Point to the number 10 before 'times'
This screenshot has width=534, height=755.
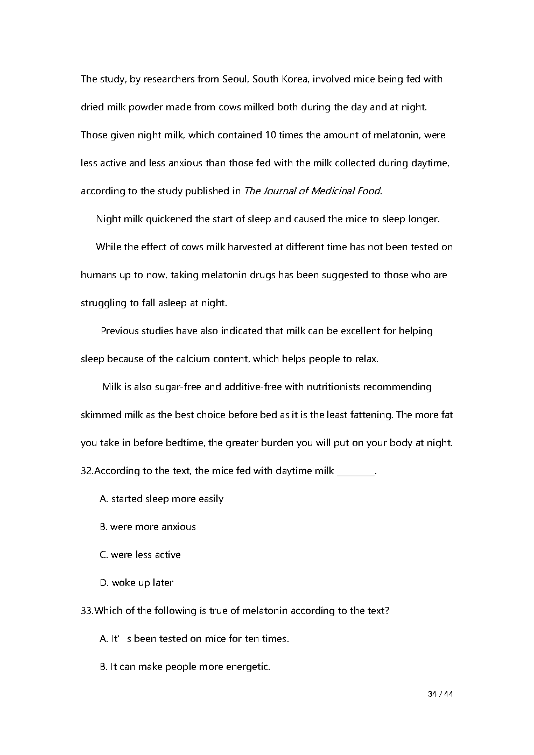[x=270, y=135]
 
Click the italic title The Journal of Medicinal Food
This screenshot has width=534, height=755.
[x=312, y=191]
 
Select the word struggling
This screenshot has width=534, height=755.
[x=103, y=303]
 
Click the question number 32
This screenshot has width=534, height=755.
[x=87, y=471]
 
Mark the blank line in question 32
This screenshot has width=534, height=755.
[x=355, y=472]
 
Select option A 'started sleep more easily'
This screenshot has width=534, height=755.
[x=161, y=499]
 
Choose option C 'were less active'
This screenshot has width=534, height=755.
[x=140, y=555]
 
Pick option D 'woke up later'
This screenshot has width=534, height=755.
[x=136, y=583]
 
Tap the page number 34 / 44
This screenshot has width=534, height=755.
[x=440, y=694]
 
